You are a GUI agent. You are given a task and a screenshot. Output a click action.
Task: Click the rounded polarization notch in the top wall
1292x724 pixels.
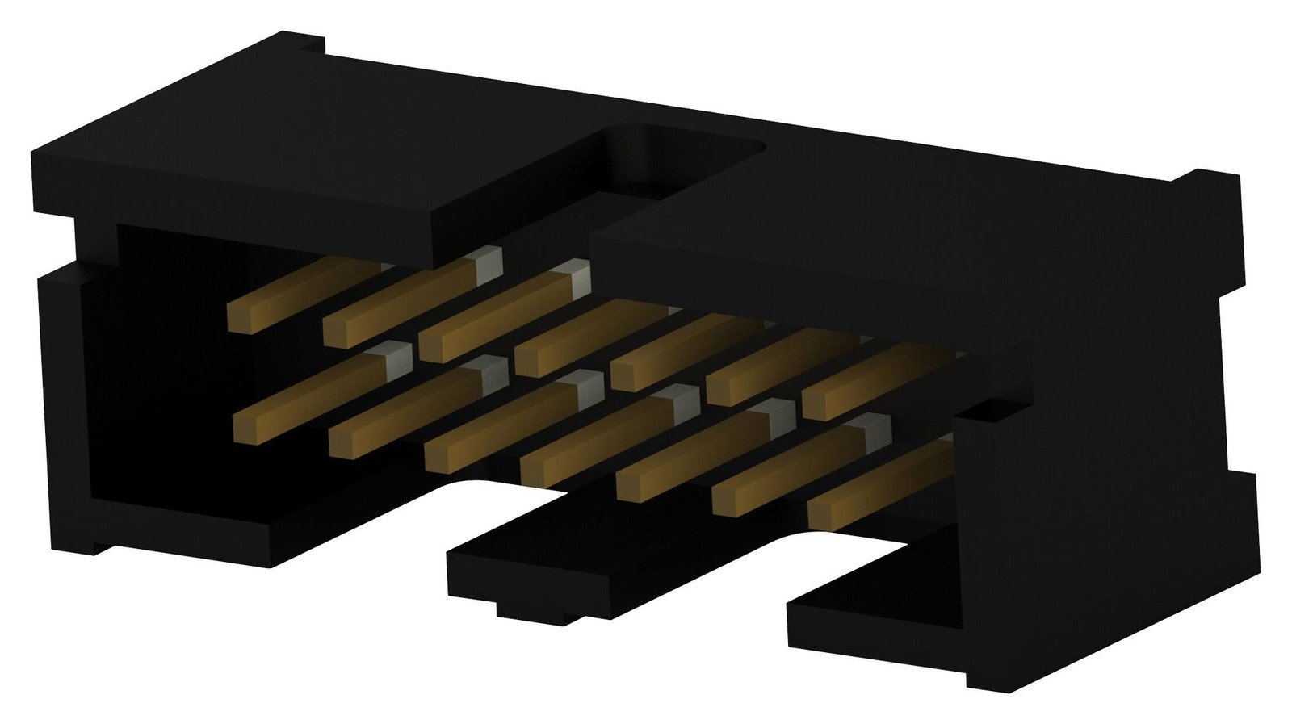point(686,161)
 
